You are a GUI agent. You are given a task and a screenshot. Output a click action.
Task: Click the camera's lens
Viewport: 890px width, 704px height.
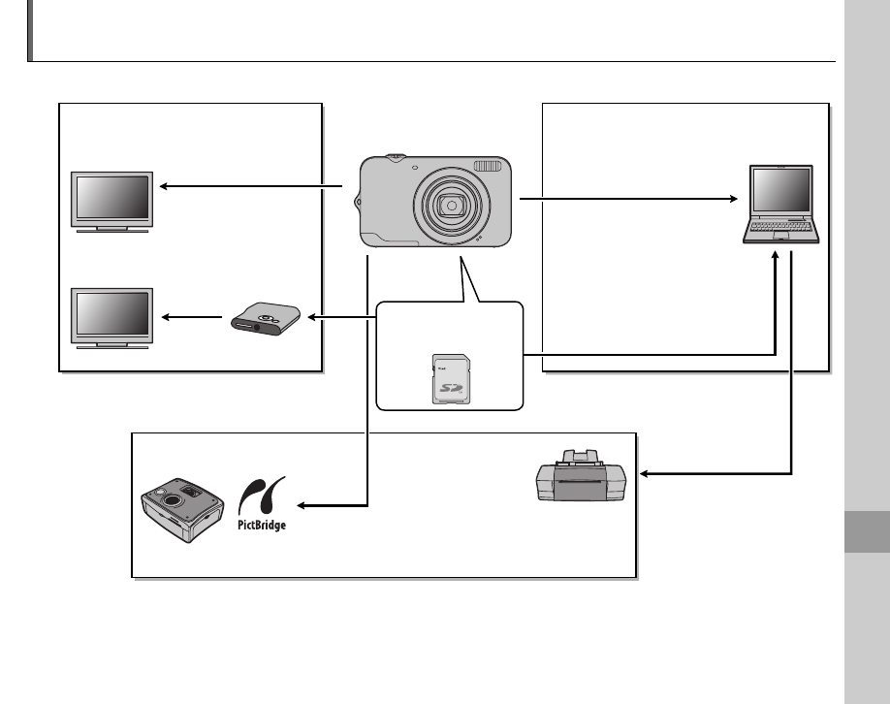(x=449, y=205)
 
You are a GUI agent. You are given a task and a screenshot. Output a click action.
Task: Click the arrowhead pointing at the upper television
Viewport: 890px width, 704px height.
(x=165, y=187)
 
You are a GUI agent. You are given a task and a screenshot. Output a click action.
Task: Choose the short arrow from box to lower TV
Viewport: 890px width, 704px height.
(x=192, y=317)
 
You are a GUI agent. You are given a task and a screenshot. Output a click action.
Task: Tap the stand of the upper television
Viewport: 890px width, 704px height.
(x=112, y=229)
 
